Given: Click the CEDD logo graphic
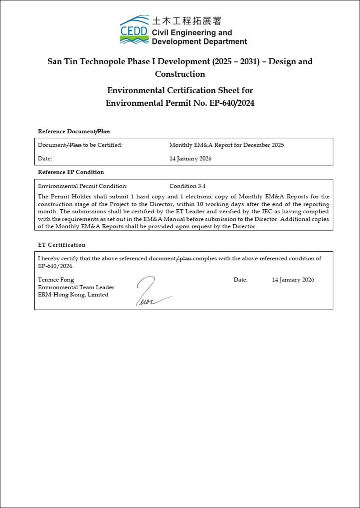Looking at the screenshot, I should click(x=134, y=29).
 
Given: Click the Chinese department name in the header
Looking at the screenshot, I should click(x=187, y=21).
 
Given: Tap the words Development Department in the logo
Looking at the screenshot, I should click(x=199, y=42).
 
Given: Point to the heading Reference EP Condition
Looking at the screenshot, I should click(x=71, y=172).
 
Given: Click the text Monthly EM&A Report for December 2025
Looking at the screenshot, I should click(x=226, y=145).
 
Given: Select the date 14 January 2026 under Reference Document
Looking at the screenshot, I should click(x=190, y=159).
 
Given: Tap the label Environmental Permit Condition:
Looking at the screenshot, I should click(x=83, y=186).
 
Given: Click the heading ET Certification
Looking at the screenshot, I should click(x=61, y=245).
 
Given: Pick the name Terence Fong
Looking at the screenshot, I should click(x=56, y=280).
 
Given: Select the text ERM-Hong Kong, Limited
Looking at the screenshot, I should click(x=73, y=295).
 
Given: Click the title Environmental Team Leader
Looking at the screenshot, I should click(x=76, y=287).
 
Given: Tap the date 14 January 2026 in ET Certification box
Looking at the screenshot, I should click(x=293, y=280).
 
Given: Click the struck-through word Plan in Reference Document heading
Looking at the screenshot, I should click(x=104, y=132).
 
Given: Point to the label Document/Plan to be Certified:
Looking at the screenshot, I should click(x=80, y=145).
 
